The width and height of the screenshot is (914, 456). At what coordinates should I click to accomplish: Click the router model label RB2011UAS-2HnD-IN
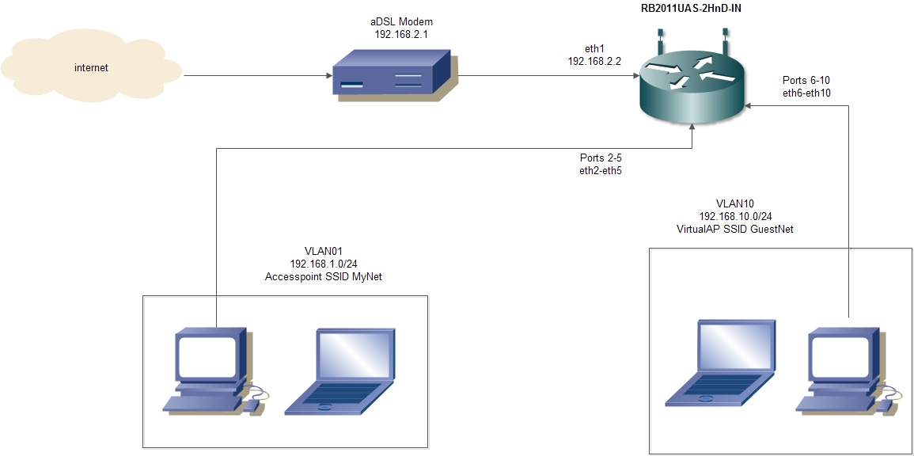(x=691, y=9)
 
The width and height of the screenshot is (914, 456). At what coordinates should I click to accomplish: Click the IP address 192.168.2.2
(x=595, y=60)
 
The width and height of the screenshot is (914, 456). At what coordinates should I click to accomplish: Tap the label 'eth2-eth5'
(x=601, y=170)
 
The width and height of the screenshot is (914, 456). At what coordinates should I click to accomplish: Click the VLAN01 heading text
(x=326, y=251)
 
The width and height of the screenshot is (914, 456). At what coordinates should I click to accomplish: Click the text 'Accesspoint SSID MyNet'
(x=326, y=276)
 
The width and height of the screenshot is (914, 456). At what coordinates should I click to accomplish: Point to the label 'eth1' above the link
(x=594, y=48)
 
